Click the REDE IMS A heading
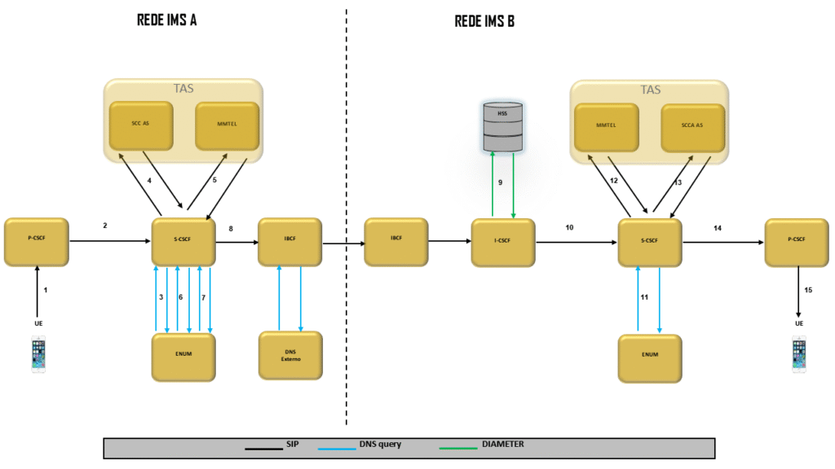[x=166, y=21]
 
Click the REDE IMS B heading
[x=484, y=21]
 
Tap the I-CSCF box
[x=503, y=242]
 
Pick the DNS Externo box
[x=289, y=355]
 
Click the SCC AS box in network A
[x=141, y=125]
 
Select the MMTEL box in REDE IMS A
[x=228, y=125]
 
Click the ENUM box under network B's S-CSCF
[x=650, y=356]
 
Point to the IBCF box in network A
[x=289, y=241]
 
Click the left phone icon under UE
[x=38, y=355]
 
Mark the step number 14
[x=718, y=229]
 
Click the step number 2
[x=105, y=225]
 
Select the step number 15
[x=808, y=290]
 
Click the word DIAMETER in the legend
[x=503, y=444]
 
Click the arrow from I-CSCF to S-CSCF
[x=575, y=242]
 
